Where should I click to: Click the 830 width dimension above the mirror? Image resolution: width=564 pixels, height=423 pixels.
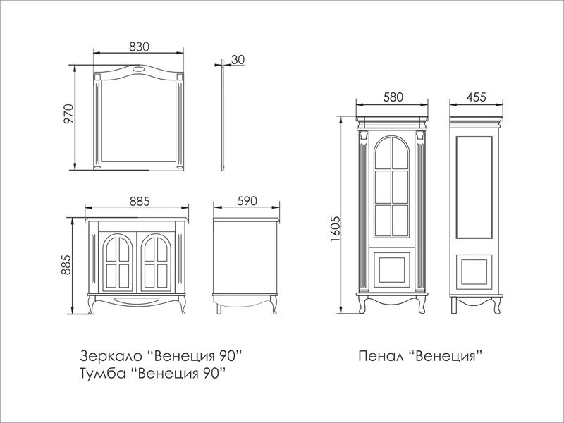click(139, 47)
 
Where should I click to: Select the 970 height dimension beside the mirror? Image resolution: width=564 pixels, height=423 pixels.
click(68, 114)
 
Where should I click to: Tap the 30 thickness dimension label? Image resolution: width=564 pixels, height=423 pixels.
click(238, 60)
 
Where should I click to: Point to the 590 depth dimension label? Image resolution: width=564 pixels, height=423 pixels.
click(247, 201)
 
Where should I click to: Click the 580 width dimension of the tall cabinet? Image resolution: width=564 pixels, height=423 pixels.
click(393, 97)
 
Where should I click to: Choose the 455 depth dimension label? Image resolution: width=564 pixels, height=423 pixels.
click(476, 97)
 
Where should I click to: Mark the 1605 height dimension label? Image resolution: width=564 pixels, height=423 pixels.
click(335, 228)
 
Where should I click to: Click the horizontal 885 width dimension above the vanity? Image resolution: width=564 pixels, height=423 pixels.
click(140, 202)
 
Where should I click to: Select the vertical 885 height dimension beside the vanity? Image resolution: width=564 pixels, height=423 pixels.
click(66, 265)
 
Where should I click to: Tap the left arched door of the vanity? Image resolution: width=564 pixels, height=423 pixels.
click(118, 262)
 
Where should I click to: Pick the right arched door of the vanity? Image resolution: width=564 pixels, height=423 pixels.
click(156, 262)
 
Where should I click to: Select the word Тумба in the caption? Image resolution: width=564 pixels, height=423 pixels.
click(103, 373)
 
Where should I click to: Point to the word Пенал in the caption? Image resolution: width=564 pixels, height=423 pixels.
click(381, 356)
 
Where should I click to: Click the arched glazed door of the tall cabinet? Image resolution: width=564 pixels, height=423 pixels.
click(391, 187)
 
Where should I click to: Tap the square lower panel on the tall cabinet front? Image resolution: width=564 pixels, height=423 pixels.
click(392, 270)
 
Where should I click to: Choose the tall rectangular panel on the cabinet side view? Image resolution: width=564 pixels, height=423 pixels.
click(474, 188)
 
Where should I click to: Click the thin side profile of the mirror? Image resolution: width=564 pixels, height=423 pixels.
click(223, 118)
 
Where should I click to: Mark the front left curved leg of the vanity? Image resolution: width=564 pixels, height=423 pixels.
click(92, 305)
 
